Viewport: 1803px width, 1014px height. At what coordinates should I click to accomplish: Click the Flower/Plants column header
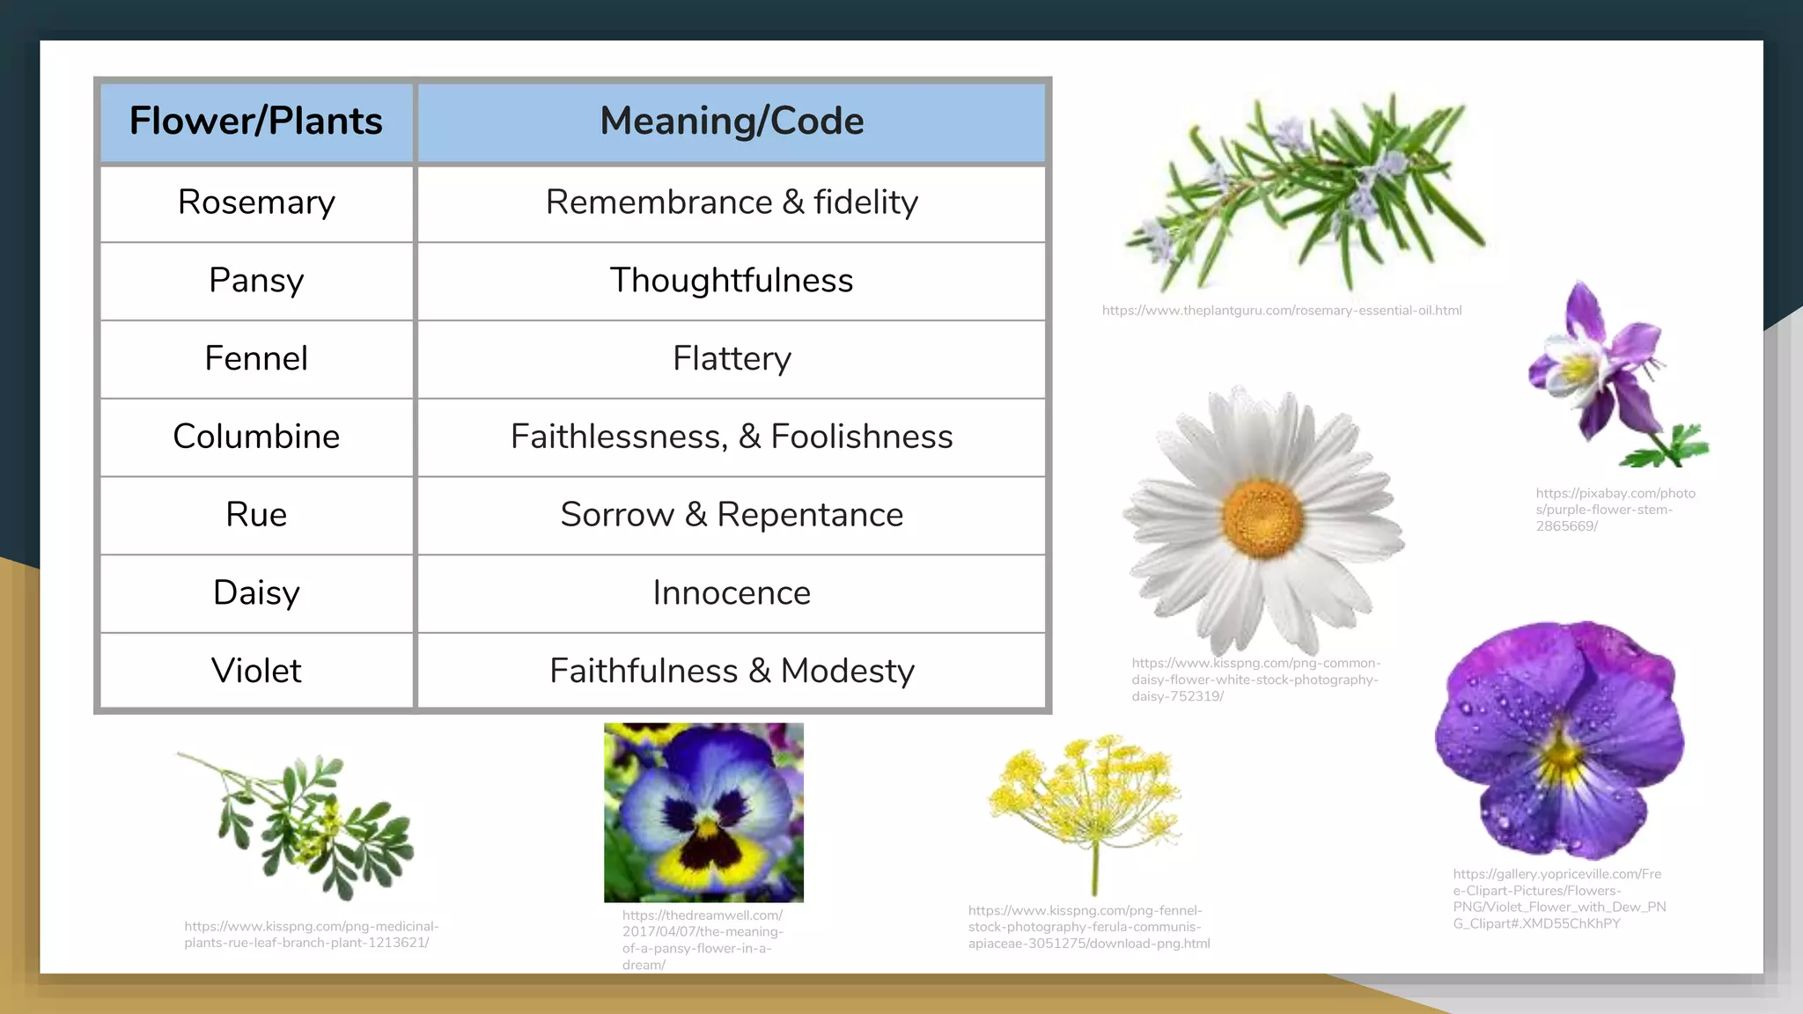[255, 121]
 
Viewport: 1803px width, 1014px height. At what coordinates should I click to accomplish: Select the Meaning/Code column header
[731, 121]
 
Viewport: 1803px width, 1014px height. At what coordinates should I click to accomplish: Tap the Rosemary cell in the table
[256, 202]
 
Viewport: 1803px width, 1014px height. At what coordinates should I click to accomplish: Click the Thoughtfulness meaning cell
[731, 281]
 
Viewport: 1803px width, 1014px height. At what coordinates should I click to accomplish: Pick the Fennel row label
[256, 358]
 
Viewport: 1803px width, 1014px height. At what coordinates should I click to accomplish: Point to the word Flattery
[732, 358]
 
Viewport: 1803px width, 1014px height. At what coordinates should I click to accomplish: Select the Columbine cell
[256, 437]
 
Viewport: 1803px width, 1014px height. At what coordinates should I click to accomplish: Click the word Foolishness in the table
[861, 437]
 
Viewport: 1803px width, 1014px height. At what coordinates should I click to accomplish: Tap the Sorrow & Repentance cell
[731, 515]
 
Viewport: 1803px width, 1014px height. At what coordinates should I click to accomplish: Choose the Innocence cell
[731, 592]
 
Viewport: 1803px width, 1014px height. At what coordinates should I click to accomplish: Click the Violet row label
[256, 671]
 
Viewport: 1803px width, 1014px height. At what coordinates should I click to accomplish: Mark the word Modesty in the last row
[847, 671]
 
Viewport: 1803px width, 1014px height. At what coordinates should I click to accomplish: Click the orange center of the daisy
[1262, 518]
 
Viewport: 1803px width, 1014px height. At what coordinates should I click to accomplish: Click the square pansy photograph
[703, 812]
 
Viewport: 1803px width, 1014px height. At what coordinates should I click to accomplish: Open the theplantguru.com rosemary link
[1281, 311]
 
